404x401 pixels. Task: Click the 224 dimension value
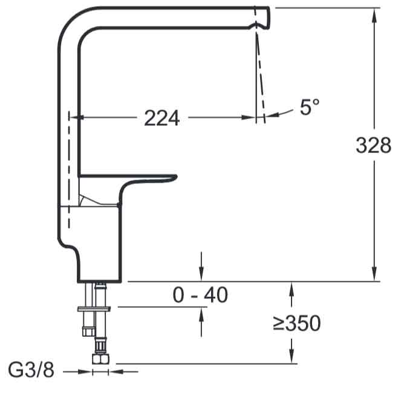point(162,118)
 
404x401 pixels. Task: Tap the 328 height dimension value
point(374,145)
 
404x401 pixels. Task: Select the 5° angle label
point(310,106)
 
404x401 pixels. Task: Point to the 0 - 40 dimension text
point(200,295)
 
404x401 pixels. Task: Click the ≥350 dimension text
point(296,323)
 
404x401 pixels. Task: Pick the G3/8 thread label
point(31,370)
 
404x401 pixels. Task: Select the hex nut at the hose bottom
point(100,359)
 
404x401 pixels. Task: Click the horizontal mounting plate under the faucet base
point(94,309)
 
